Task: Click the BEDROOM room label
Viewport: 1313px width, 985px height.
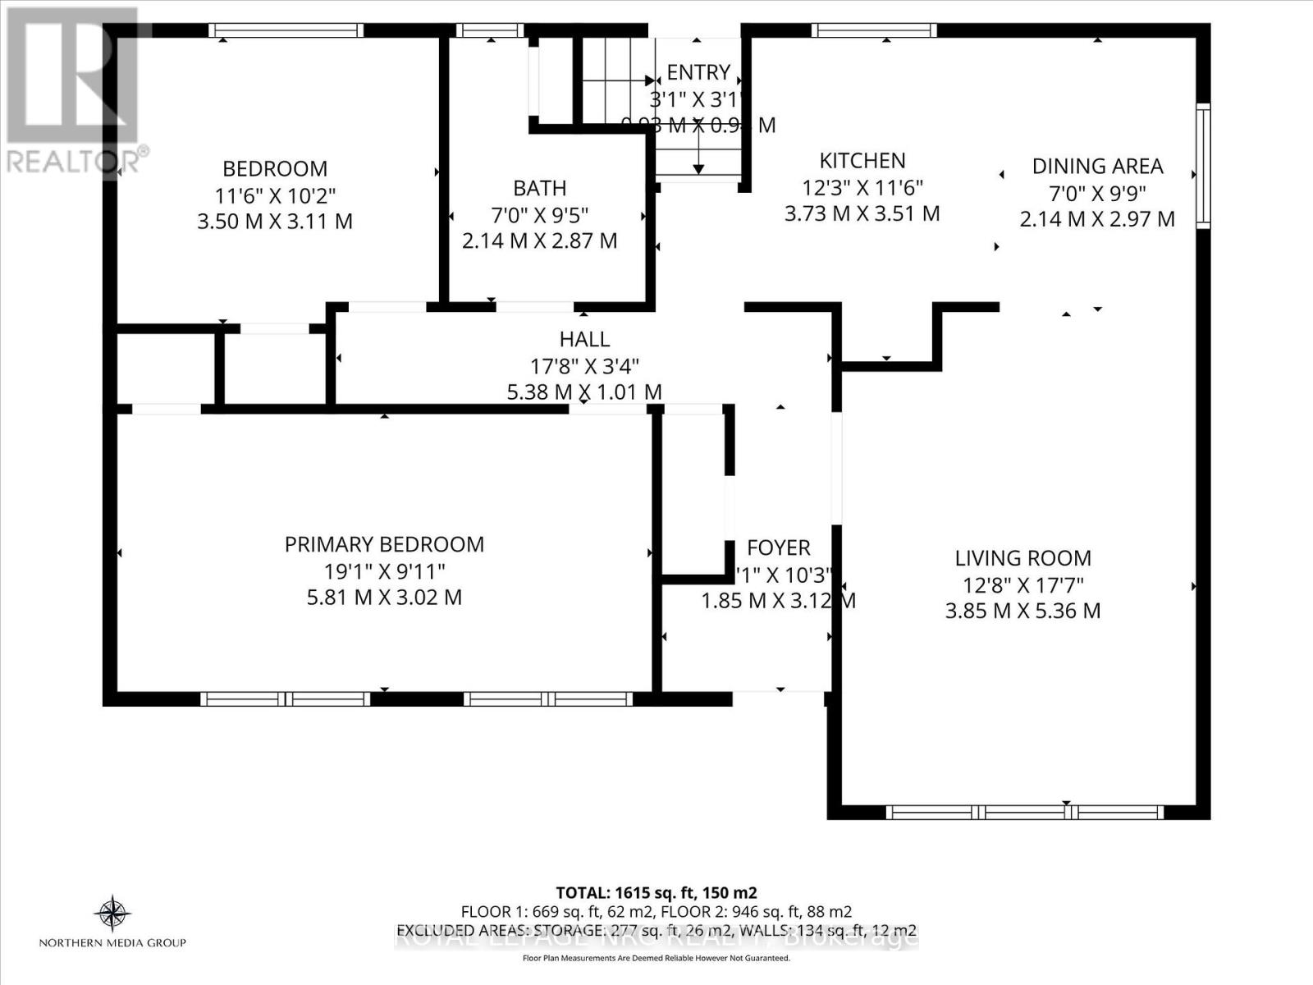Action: click(275, 168)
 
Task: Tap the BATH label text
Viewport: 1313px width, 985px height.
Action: click(539, 188)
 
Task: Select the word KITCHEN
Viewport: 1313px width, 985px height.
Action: click(862, 160)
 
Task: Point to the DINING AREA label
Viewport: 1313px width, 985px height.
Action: click(1097, 166)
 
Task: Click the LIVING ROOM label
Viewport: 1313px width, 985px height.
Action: click(1022, 558)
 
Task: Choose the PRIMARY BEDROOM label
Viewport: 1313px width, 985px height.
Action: click(384, 544)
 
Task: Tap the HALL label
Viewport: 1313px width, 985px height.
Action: click(584, 339)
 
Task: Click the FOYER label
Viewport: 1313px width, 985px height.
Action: click(778, 547)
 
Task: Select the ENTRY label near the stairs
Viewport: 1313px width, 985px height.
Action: click(698, 72)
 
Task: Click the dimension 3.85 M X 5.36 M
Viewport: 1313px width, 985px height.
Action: click(1022, 611)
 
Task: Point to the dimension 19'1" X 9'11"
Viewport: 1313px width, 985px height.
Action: click(384, 571)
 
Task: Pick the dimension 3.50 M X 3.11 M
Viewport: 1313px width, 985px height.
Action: click(275, 222)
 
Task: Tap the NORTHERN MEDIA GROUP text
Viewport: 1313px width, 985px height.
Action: click(112, 943)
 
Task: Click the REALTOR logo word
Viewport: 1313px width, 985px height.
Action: click(74, 160)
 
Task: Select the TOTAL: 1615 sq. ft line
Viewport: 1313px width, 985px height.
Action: click(656, 892)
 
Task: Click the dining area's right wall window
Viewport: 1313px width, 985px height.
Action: click(1202, 166)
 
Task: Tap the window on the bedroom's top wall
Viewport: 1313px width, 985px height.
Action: click(286, 30)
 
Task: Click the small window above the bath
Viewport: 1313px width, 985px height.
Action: click(490, 30)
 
